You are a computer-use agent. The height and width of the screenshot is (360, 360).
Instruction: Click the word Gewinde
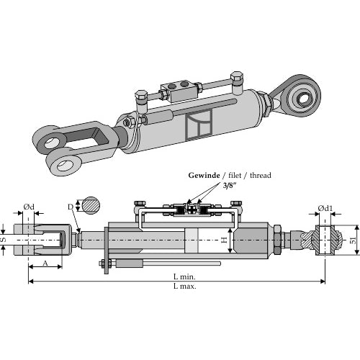(x=204, y=176)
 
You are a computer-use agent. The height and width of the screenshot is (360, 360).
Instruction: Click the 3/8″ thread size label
(x=230, y=186)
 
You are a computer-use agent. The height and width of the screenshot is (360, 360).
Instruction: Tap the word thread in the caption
(x=261, y=175)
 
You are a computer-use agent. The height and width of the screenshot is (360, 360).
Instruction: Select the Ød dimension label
(x=29, y=207)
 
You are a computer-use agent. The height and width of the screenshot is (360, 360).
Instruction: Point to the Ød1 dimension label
(x=325, y=208)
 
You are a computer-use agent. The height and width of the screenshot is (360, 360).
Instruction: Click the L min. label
(x=184, y=276)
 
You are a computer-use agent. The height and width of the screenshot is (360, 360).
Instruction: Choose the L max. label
(x=185, y=286)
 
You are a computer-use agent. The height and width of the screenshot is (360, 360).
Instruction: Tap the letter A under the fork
(x=45, y=263)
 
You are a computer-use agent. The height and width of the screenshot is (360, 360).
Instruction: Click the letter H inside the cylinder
(x=224, y=240)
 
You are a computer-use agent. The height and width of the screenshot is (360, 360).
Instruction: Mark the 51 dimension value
(x=353, y=240)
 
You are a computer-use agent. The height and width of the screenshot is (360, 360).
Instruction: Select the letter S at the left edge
(x=4, y=240)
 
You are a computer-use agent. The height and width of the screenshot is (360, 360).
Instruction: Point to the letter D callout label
(x=71, y=207)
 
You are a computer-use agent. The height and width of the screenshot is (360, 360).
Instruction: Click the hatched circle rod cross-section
(x=91, y=206)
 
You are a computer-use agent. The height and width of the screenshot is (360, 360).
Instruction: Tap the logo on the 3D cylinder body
(x=199, y=125)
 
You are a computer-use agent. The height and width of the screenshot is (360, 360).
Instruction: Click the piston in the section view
(x=192, y=240)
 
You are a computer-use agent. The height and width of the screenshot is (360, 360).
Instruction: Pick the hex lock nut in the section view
(x=277, y=240)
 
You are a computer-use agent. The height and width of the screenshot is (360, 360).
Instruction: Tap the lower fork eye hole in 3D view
(x=63, y=165)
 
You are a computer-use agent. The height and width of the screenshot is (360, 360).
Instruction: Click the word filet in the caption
(x=235, y=176)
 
